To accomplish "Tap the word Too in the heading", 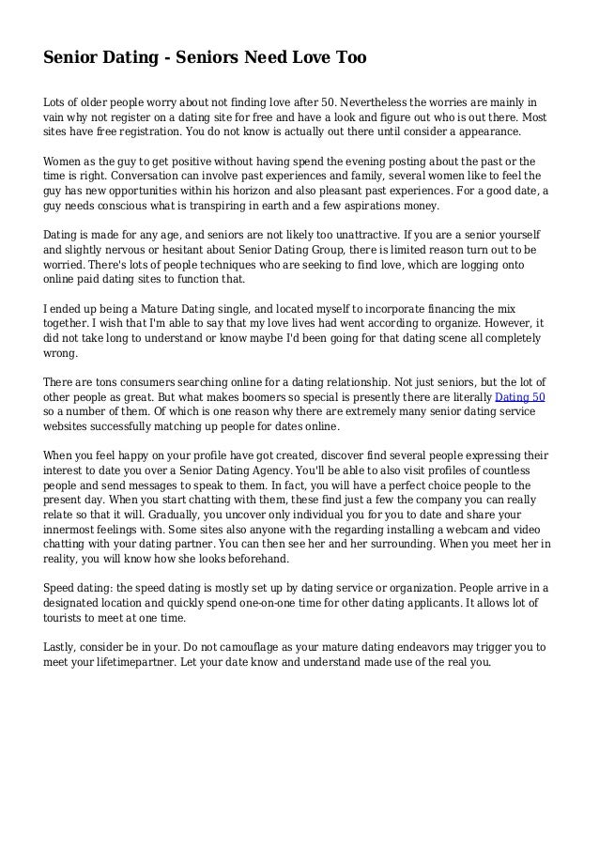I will (x=347, y=59).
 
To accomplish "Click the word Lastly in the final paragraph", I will (x=63, y=649).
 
